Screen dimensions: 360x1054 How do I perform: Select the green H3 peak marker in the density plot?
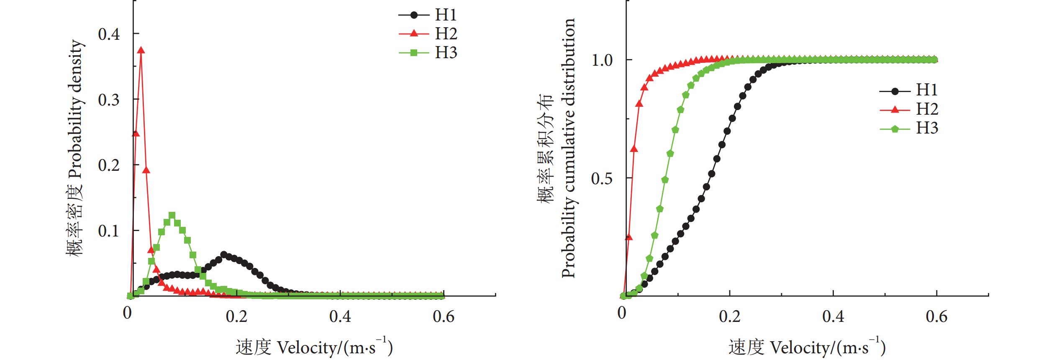click(x=172, y=216)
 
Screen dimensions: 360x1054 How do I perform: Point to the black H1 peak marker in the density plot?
click(x=223, y=255)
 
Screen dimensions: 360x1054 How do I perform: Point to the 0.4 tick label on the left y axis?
click(x=109, y=34)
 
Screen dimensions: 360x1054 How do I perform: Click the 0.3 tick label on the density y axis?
click(x=109, y=100)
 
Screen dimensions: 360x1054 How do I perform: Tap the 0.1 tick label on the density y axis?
click(x=109, y=231)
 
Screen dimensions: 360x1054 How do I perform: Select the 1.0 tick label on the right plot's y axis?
click(x=602, y=60)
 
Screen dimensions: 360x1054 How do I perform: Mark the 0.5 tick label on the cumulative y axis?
click(x=602, y=178)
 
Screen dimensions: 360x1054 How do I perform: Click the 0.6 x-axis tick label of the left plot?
click(x=444, y=316)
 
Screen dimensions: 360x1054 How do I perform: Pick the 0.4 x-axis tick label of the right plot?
click(x=833, y=316)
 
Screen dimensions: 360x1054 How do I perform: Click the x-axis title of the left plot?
click(x=314, y=347)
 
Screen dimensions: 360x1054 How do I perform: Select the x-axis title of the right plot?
click(x=807, y=347)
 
